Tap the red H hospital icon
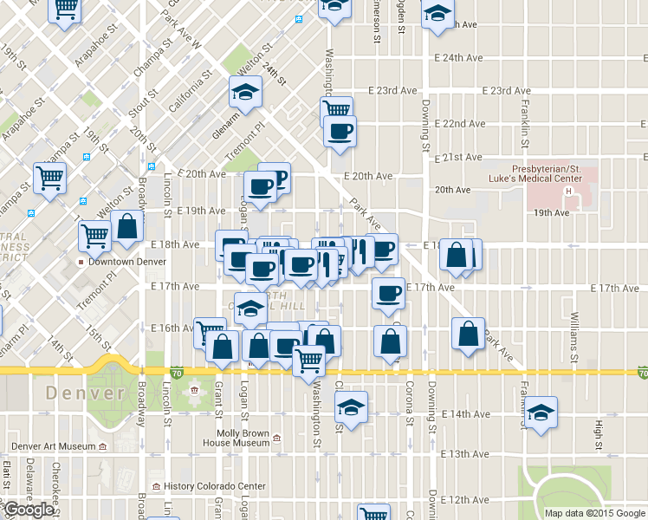click(x=569, y=191)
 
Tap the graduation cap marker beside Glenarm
click(x=245, y=92)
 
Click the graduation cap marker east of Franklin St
click(x=541, y=412)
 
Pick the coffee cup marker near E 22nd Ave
click(x=340, y=132)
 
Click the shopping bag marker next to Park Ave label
click(x=468, y=334)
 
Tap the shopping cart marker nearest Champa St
click(x=49, y=179)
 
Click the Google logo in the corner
click(x=28, y=510)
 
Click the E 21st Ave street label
click(x=461, y=157)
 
